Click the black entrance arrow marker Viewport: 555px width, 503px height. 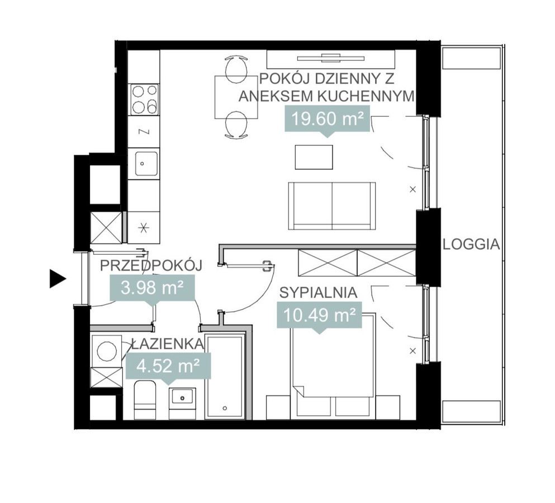click(x=57, y=278)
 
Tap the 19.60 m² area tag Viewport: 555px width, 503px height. click(x=328, y=120)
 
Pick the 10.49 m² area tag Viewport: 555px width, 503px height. click(x=320, y=317)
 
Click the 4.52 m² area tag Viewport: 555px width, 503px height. click(x=168, y=368)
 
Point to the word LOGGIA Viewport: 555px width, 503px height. click(x=472, y=244)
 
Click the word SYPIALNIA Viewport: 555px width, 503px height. click(x=318, y=293)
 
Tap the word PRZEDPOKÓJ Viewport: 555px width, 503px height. click(x=151, y=265)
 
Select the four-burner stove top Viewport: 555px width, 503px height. click(x=144, y=99)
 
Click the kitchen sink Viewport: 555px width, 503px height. click(x=143, y=163)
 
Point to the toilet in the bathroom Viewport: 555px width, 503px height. click(x=145, y=400)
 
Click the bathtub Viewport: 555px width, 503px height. click(x=225, y=376)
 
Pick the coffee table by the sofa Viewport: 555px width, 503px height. click(x=314, y=157)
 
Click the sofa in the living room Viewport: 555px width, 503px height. click(x=332, y=206)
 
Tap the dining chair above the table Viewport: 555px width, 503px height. click(x=236, y=69)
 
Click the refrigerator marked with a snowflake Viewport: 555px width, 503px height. click(x=143, y=227)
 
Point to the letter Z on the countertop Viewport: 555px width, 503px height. click(x=144, y=132)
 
